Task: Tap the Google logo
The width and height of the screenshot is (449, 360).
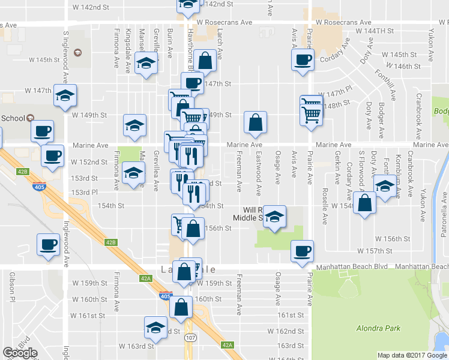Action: pos(20,353)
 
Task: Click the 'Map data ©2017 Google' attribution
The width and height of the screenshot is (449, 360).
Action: pos(412,355)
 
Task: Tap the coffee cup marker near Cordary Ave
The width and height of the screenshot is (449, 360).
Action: pos(302,60)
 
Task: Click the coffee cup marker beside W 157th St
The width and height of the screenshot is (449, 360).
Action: pos(302,250)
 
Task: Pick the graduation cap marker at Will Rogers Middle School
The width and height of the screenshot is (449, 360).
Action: pos(275,217)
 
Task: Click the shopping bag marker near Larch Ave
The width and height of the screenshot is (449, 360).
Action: pos(205,60)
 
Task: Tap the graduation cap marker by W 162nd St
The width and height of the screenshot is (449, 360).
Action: pos(155,328)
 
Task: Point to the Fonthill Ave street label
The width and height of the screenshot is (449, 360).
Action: pos(387,84)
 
